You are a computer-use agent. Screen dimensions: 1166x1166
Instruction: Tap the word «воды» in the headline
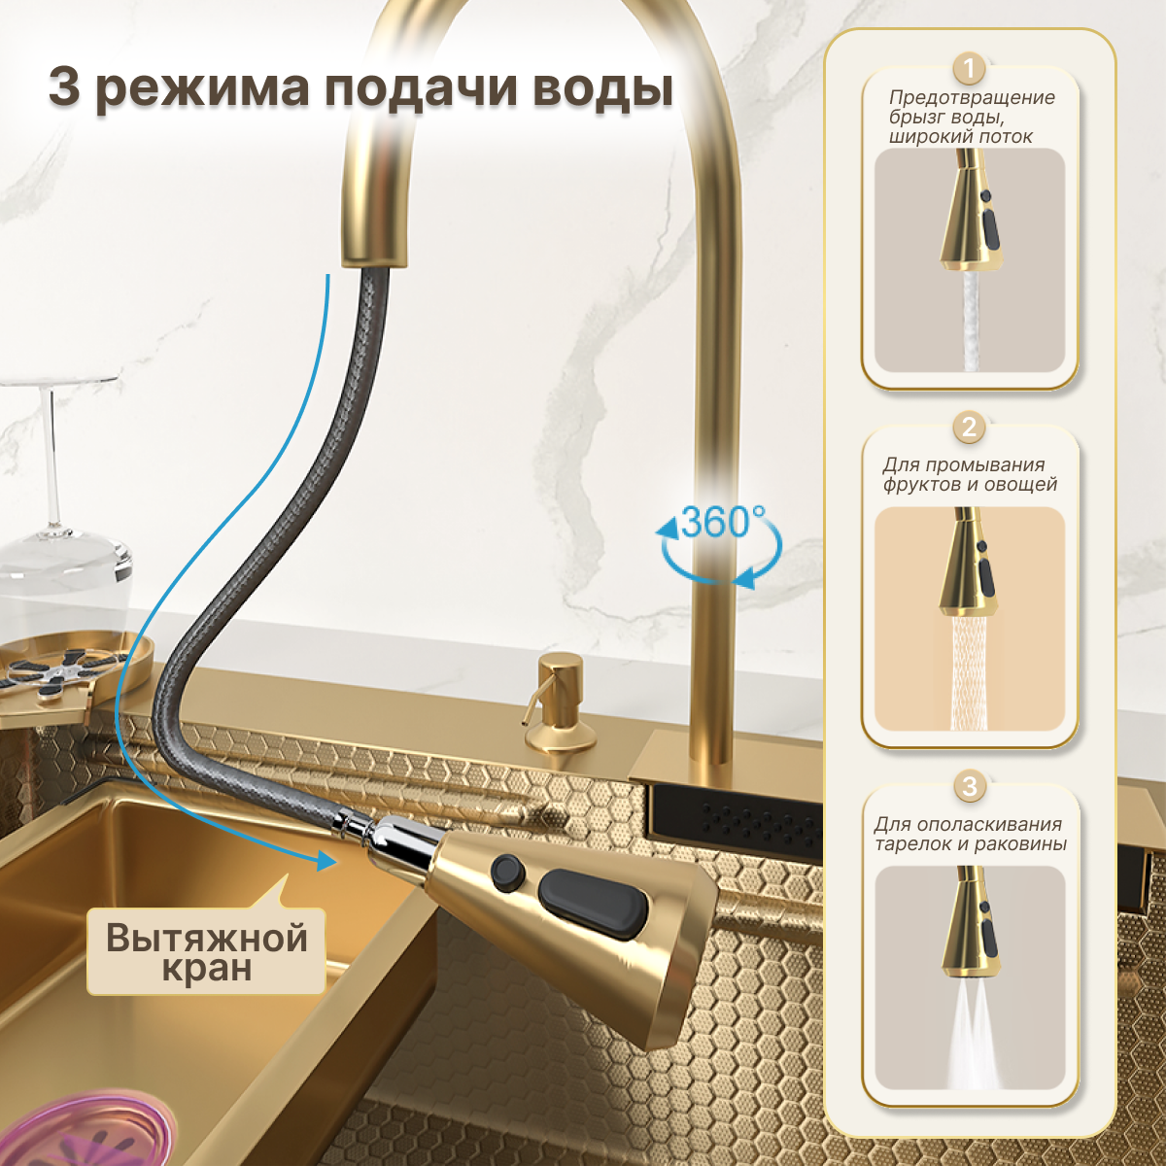point(602,89)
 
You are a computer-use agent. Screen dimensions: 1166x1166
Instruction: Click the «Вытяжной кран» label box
point(206,952)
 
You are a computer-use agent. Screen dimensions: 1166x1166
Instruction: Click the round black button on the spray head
point(507,870)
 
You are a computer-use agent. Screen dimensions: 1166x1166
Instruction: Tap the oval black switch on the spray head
point(593,904)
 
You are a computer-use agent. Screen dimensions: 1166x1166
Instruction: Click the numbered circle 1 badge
point(969,69)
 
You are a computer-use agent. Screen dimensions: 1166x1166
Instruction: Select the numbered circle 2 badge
point(969,428)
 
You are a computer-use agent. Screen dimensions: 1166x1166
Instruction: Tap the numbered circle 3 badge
point(969,786)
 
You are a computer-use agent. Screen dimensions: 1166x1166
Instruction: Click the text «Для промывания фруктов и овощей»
point(970,474)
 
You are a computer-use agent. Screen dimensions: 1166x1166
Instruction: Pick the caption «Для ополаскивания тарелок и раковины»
point(970,834)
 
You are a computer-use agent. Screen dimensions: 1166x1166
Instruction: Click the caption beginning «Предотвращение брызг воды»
point(970,117)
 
